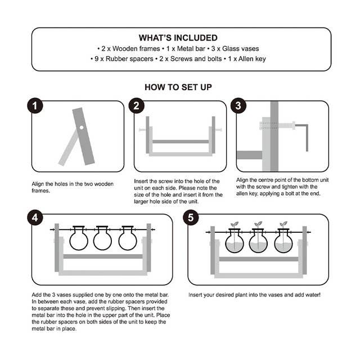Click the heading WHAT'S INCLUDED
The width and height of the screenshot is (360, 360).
click(178, 38)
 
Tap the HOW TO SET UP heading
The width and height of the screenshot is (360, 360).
click(178, 87)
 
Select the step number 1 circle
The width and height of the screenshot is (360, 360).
click(35, 106)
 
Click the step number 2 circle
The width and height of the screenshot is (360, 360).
click(136, 106)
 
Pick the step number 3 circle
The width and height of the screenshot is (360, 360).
click(238, 106)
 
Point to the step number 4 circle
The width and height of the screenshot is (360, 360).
click(35, 218)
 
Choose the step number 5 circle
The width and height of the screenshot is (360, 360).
click(191, 218)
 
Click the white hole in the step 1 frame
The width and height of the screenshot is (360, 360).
click(82, 128)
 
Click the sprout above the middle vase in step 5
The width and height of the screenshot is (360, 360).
click(258, 224)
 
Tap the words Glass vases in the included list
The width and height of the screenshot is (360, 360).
click(240, 49)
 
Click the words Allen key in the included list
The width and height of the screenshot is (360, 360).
click(252, 59)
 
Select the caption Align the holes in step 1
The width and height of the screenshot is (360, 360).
click(73, 187)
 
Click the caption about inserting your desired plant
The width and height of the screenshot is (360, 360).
click(254, 295)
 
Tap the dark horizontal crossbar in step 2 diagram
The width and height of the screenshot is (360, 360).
click(181, 142)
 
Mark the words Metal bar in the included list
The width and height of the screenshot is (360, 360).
click(191, 49)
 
